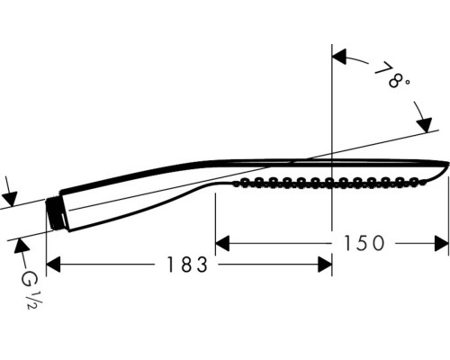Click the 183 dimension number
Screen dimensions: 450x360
point(187,265)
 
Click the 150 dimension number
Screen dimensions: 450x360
point(364,243)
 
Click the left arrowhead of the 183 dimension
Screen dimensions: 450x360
point(53,265)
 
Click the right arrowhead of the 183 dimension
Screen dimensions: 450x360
point(325,265)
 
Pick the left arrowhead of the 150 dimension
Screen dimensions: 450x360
point(222,243)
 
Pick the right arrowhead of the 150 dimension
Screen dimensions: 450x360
point(442,243)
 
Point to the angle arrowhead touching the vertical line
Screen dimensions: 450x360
point(339,57)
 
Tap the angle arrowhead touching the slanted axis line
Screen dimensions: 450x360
point(424,125)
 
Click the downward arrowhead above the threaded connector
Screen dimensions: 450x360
point(10,199)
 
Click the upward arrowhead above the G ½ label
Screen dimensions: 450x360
point(21,246)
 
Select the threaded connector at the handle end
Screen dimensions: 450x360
point(56,213)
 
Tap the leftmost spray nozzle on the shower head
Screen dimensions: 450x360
point(245,182)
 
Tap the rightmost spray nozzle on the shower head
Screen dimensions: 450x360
point(414,181)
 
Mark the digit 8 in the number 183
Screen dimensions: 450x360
point(186,265)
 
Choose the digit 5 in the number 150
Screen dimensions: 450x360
point(363,243)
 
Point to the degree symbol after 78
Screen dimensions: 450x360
point(406,82)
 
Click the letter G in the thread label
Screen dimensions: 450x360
point(28,279)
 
